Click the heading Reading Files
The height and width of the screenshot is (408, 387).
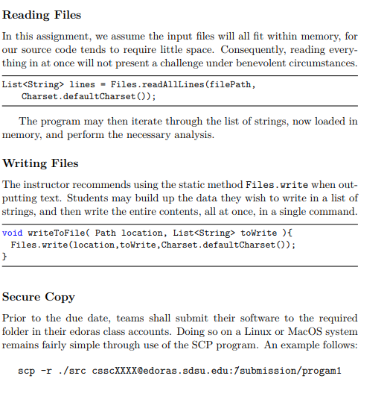pos(42,15)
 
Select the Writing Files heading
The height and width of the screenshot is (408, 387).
pos(41,163)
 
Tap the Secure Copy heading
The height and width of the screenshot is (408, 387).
pos(39,297)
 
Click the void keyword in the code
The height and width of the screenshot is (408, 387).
pos(12,232)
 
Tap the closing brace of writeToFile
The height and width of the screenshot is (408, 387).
pos(5,256)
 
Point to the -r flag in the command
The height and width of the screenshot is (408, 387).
pos(45,371)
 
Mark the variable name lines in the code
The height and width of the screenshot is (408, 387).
pos(82,84)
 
